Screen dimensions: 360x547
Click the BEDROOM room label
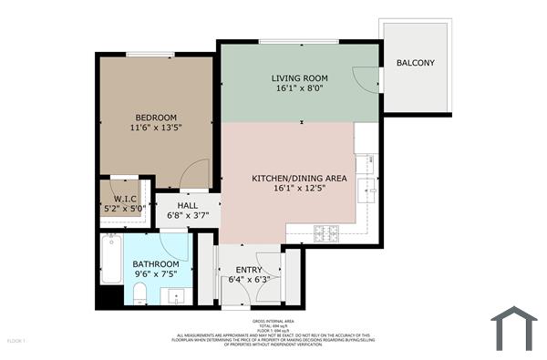point(156,118)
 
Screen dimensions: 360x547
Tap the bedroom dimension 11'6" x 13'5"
point(156,129)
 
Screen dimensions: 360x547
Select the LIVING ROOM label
point(299,78)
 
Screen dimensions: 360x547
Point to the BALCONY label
point(416,63)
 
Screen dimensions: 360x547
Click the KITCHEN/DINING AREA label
point(299,179)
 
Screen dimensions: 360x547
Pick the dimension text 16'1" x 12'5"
point(299,190)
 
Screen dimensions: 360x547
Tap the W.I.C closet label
point(125,198)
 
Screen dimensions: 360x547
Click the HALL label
point(188,205)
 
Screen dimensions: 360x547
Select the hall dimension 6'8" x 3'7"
point(188,216)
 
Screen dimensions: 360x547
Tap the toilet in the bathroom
point(140,292)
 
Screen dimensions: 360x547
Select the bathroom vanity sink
point(176,295)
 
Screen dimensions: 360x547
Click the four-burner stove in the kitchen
point(326,232)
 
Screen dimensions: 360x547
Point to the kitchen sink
point(367,190)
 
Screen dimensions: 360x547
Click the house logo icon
point(514,329)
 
